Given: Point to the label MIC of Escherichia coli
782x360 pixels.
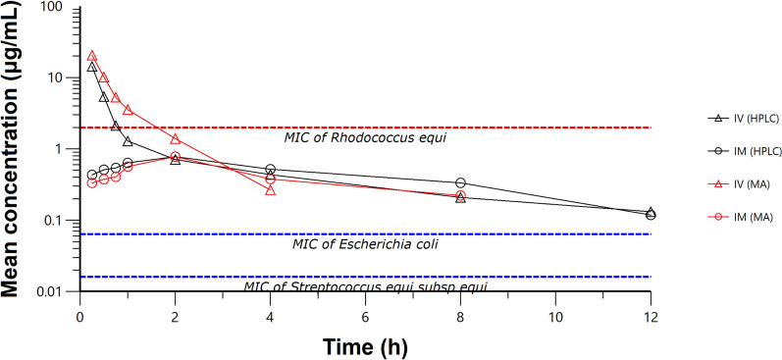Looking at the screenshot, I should pyautogui.click(x=365, y=243).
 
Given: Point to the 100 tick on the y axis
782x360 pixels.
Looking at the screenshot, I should pyautogui.click(x=55, y=8).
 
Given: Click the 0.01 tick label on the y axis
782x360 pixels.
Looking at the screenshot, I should pyautogui.click(x=53, y=291).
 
